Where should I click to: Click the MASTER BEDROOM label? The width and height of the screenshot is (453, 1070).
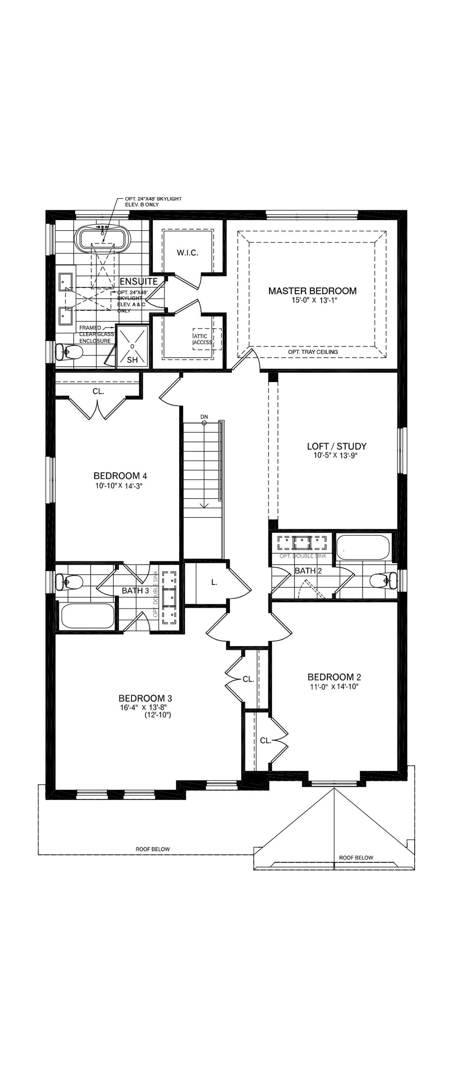tap(312, 291)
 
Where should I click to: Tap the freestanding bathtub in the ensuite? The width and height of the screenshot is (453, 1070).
tap(102, 239)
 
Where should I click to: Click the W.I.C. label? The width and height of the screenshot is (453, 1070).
tap(187, 253)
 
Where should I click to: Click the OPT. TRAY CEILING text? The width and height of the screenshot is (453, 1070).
tap(313, 352)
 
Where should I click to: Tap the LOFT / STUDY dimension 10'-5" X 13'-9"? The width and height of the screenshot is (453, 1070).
tap(335, 456)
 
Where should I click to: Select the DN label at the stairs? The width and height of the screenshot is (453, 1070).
tap(203, 416)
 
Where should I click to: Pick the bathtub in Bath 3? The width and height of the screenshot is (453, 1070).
tap(88, 616)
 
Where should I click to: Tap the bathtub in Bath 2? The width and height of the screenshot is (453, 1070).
tap(363, 547)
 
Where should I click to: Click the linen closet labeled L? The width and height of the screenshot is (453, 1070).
tap(214, 582)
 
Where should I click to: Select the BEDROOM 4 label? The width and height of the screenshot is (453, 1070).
tap(120, 476)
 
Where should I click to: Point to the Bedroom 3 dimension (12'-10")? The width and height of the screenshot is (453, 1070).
tap(157, 715)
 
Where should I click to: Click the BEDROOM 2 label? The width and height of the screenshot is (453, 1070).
tap(336, 677)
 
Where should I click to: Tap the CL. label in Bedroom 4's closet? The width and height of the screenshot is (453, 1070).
tap(98, 391)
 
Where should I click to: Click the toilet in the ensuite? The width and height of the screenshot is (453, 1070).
tap(70, 353)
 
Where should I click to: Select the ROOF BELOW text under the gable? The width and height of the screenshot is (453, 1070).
tap(356, 857)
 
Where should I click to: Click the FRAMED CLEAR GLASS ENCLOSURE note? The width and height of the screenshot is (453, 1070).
tap(95, 334)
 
